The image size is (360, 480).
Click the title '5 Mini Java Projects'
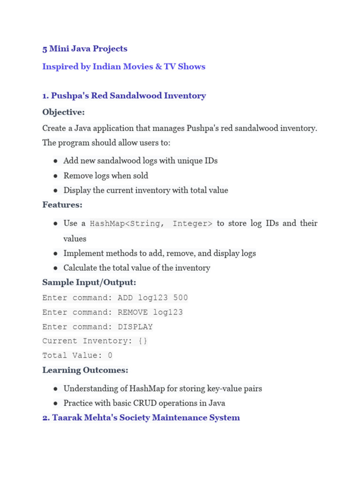85,49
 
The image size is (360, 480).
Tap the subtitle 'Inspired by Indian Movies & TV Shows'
124,67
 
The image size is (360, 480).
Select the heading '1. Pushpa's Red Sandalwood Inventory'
124,96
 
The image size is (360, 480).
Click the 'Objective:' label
64,112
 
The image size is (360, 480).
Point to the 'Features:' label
62,205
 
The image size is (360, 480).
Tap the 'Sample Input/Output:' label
89,283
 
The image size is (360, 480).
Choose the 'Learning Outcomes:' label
85,370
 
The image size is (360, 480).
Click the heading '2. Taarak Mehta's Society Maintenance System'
141,418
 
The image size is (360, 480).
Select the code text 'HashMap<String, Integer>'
151,224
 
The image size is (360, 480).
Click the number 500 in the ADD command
180,298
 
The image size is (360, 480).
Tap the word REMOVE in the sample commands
133,312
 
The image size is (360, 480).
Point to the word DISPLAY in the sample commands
135,327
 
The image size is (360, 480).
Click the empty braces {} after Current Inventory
143,341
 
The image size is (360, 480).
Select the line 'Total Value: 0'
77,355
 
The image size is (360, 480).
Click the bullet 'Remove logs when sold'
106,176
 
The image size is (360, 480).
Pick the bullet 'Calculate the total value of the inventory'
137,268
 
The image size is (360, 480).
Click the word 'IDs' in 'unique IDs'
211,161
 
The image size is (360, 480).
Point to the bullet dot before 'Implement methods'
55,254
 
